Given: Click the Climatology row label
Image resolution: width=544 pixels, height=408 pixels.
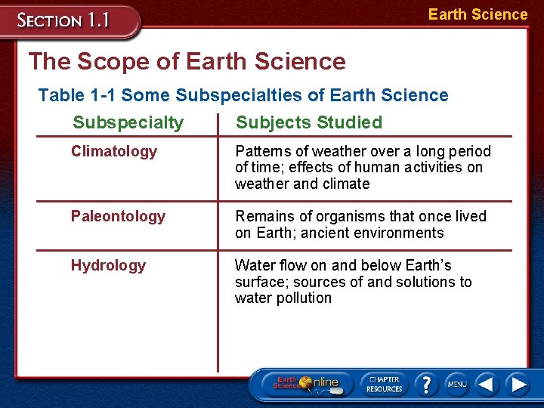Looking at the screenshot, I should pyautogui.click(x=114, y=151).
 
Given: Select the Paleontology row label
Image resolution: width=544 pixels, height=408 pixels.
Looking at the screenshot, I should pyautogui.click(x=118, y=216).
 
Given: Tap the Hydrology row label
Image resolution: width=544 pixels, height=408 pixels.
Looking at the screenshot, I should pyautogui.click(x=108, y=265).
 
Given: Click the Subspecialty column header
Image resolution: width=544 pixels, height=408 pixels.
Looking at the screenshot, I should pyautogui.click(x=128, y=122).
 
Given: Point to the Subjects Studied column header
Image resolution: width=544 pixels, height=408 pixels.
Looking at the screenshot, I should pyautogui.click(x=309, y=122).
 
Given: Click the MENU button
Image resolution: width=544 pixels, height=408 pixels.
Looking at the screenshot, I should pyautogui.click(x=456, y=385).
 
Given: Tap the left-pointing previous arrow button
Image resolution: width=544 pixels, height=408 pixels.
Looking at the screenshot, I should pyautogui.click(x=487, y=385).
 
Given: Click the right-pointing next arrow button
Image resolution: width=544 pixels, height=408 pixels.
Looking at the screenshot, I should pyautogui.click(x=518, y=385).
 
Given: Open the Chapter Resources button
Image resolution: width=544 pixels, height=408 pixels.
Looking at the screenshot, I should pyautogui.click(x=384, y=384).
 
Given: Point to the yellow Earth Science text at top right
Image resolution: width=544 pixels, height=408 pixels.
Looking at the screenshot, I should pyautogui.click(x=478, y=14).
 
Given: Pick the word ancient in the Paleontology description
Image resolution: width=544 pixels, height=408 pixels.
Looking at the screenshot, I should pyautogui.click(x=325, y=233).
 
